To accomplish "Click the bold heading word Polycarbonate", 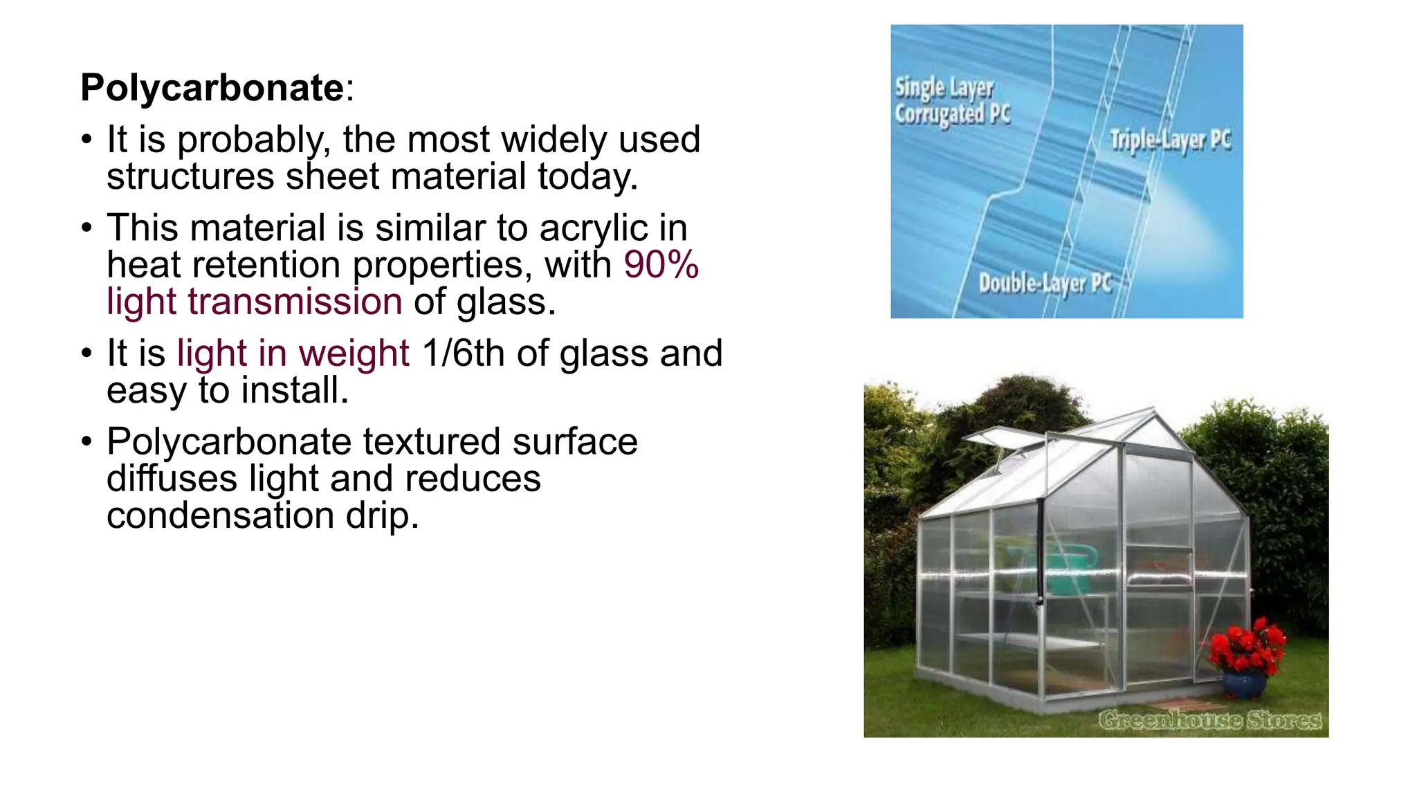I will (x=212, y=89).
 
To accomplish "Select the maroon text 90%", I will (x=661, y=265).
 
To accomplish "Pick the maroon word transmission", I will (x=295, y=302).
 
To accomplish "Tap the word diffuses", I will (x=172, y=479).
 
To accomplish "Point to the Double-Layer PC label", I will (x=1045, y=284).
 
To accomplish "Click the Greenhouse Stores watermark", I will (x=1209, y=720).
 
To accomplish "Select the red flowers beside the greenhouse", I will (x=1247, y=645).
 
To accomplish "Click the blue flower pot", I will (x=1244, y=684).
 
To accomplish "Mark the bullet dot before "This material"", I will (x=86, y=228).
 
